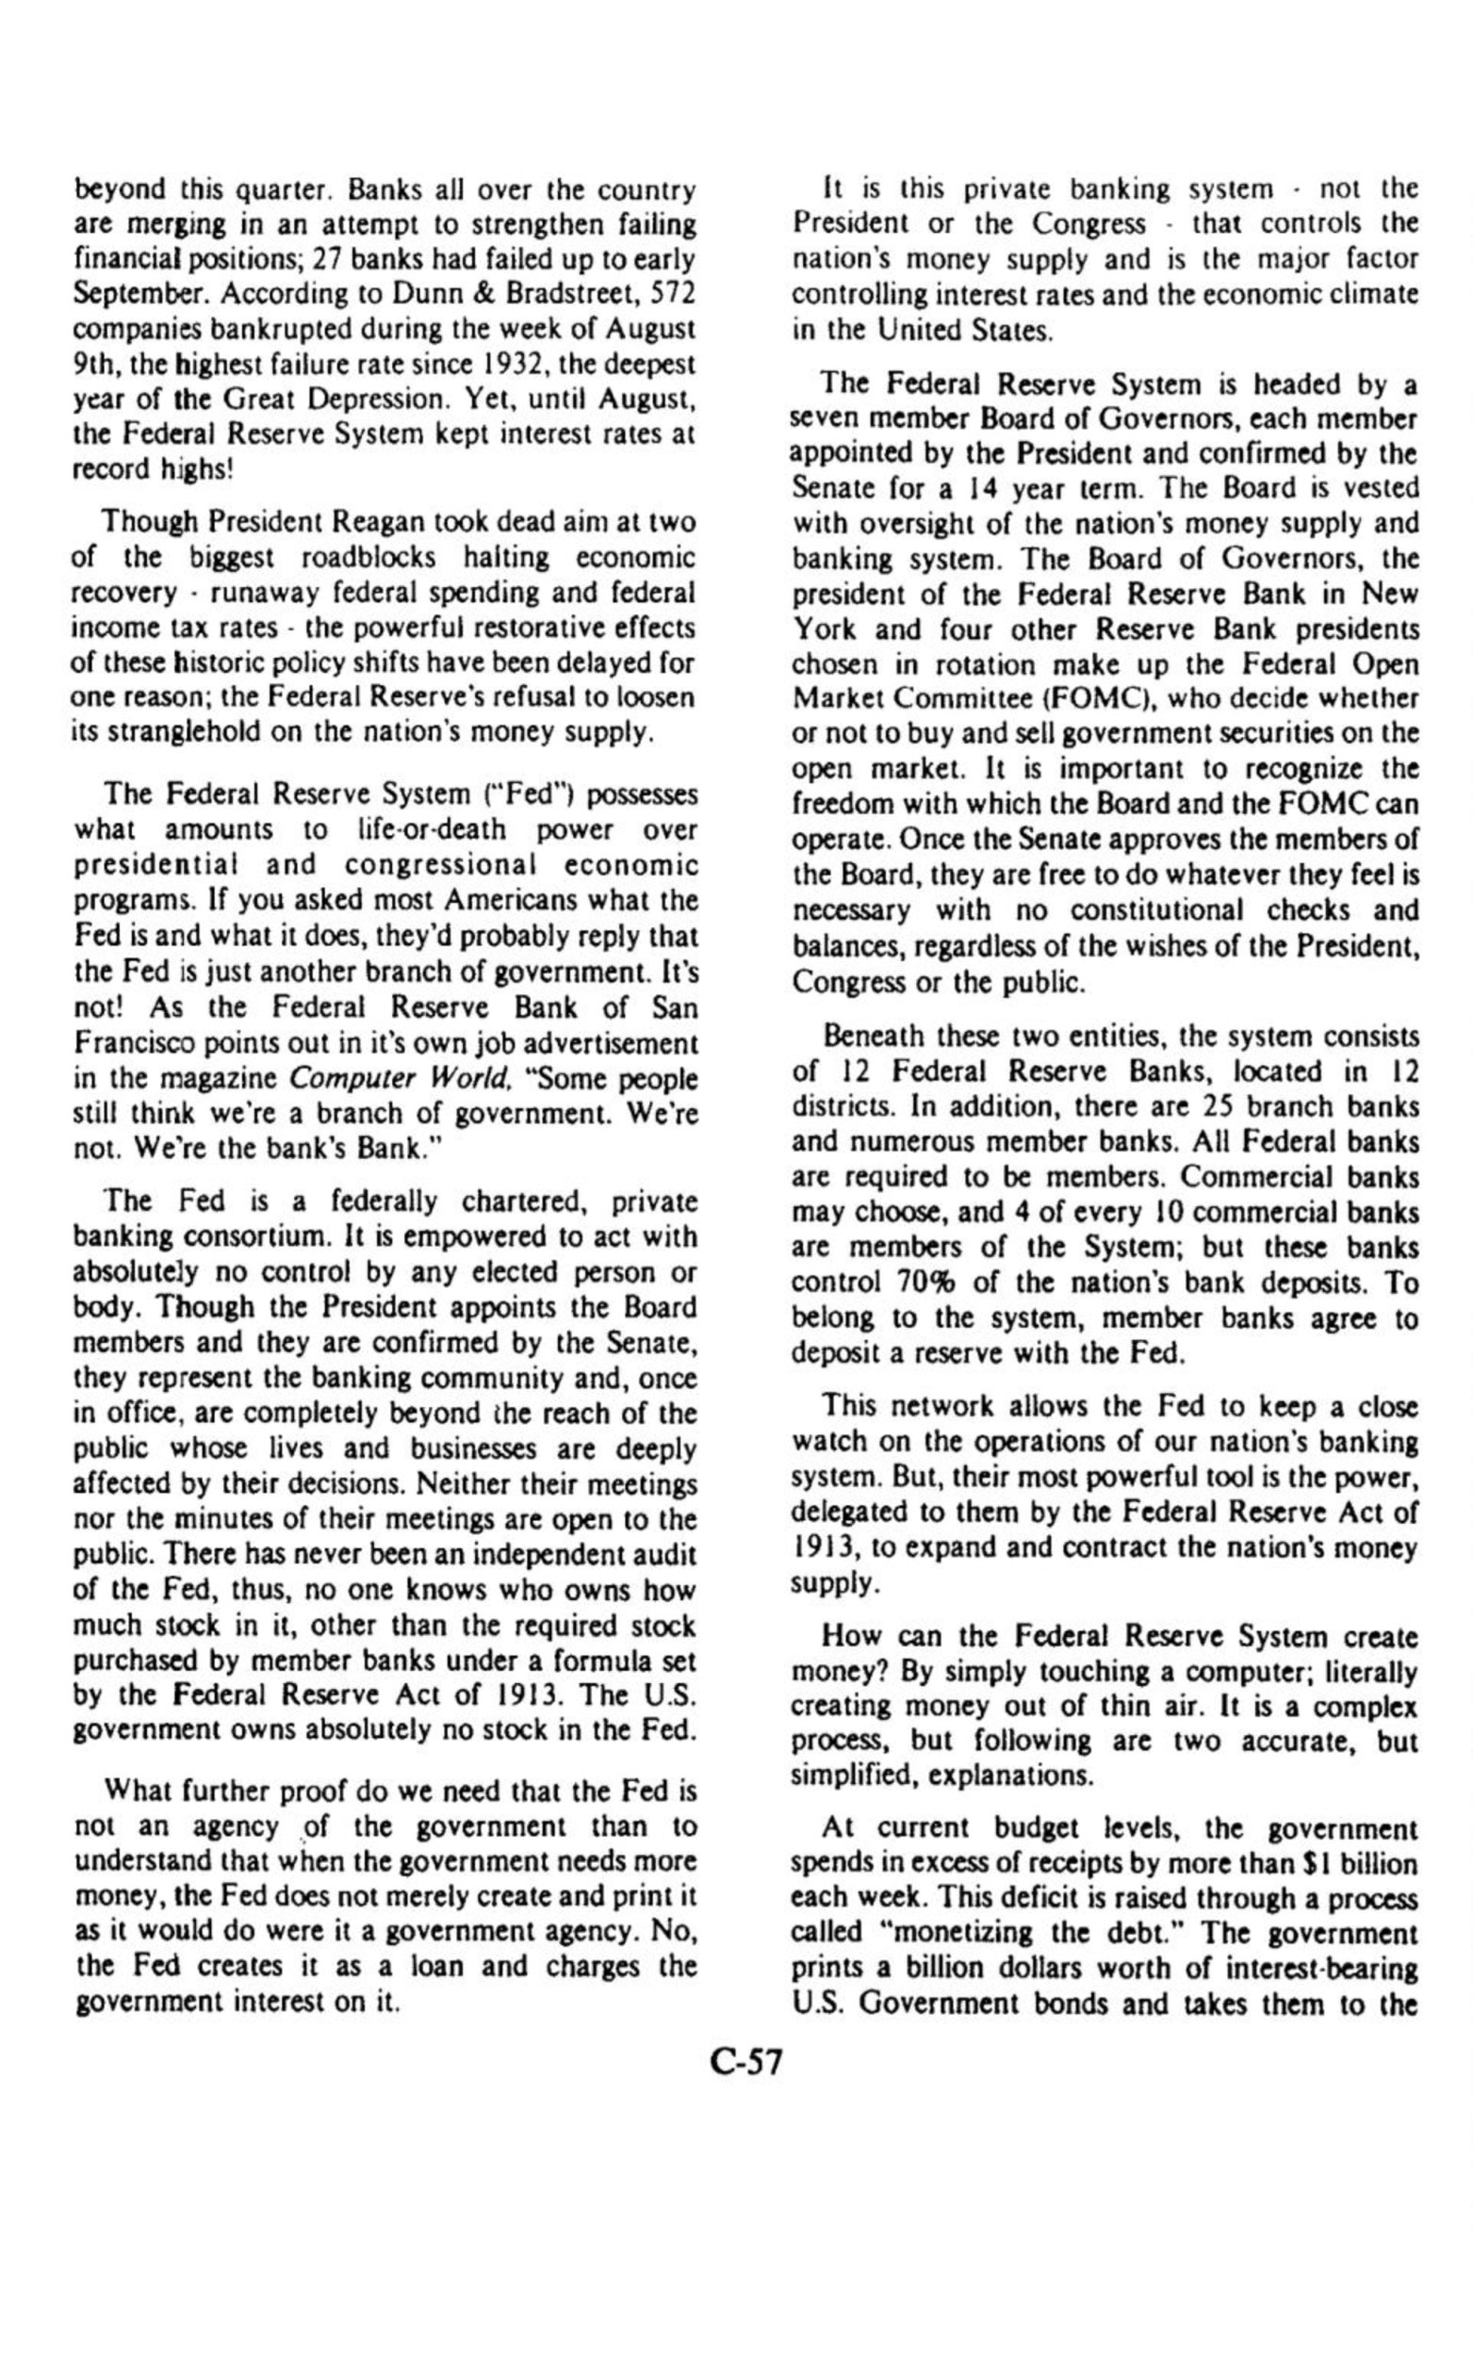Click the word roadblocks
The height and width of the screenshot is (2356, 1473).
[356, 558]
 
